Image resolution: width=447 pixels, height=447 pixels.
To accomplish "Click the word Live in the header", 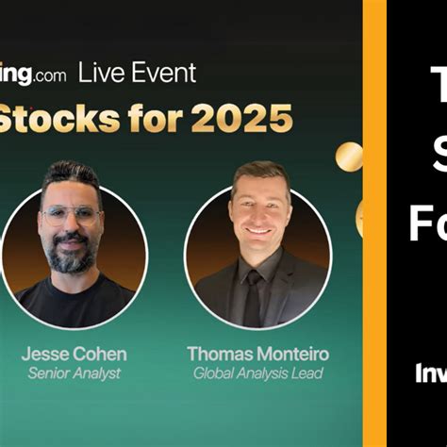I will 99,73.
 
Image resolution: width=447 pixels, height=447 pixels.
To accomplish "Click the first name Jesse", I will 47,355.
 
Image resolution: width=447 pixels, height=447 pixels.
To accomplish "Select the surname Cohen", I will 101,355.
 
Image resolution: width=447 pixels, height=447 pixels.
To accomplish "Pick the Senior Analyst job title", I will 74,373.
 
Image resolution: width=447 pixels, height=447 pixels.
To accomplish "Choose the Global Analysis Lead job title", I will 257,373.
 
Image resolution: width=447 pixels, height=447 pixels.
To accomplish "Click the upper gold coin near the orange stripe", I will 349,156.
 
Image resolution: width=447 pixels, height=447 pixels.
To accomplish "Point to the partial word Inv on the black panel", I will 429,372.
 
